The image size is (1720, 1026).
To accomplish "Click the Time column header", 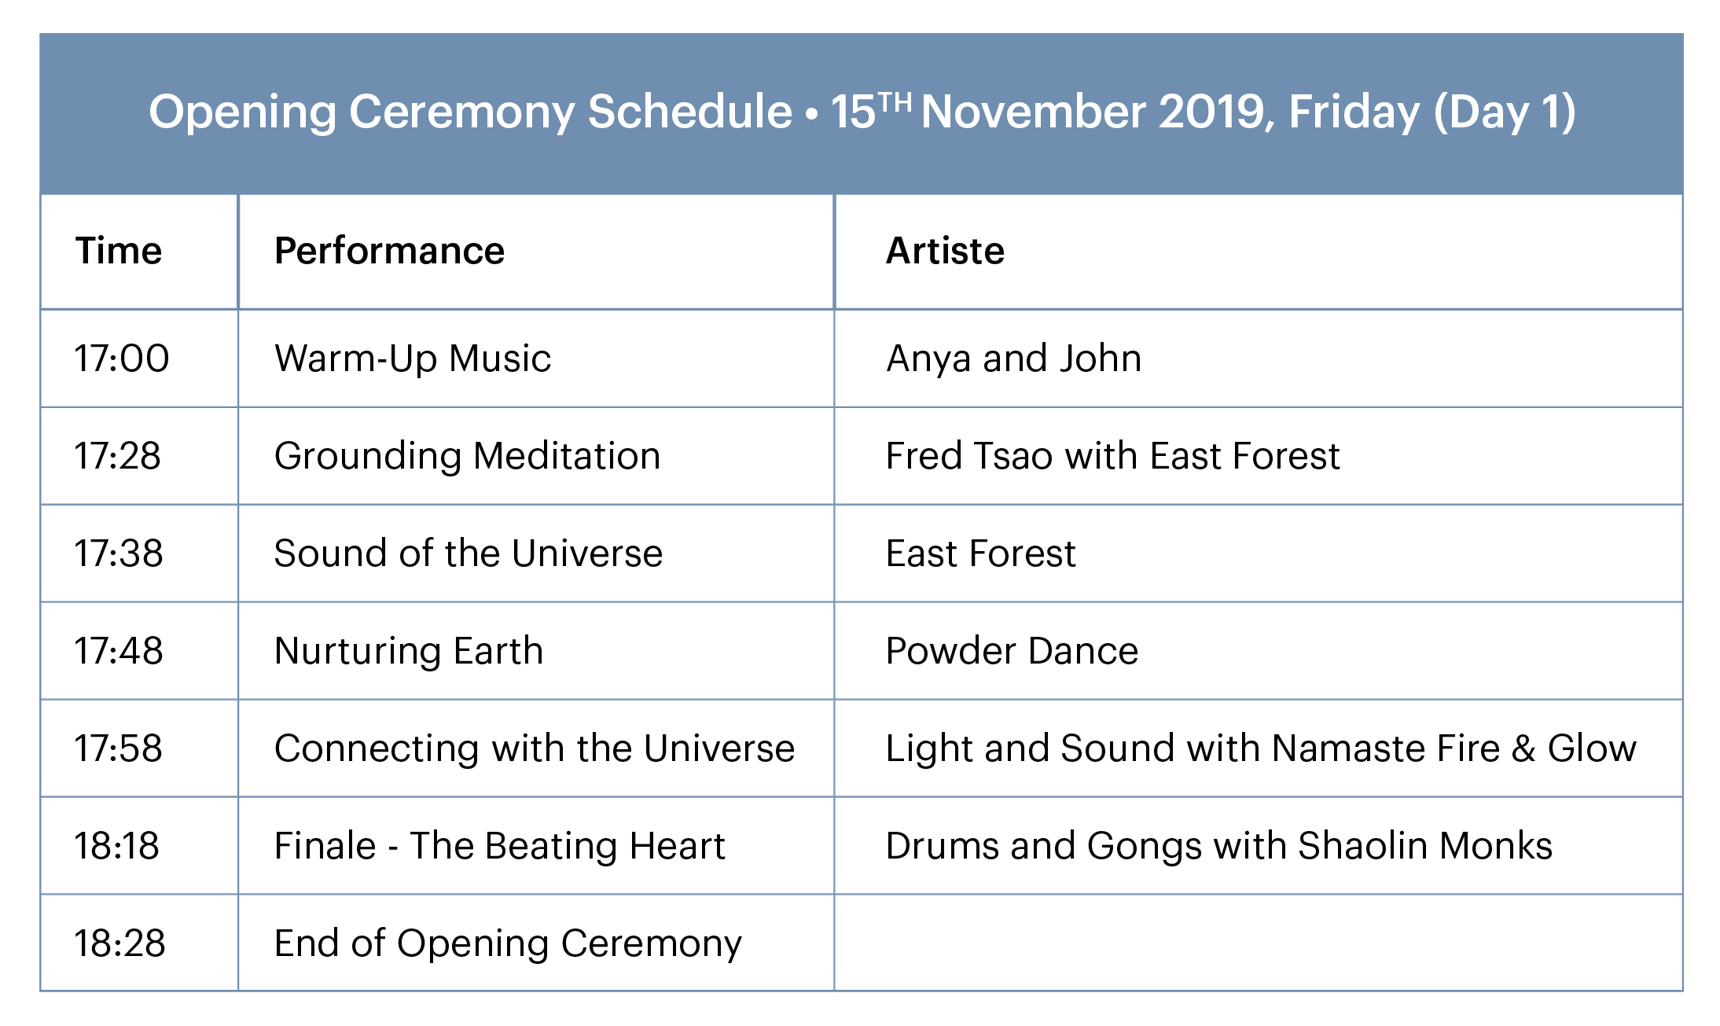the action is (119, 251).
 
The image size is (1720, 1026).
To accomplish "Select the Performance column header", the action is (389, 251).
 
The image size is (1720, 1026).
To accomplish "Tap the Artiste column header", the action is (945, 251).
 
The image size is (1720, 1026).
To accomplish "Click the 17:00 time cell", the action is (122, 359).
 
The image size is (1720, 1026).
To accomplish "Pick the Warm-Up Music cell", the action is (413, 359).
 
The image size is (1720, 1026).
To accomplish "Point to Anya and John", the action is (1013, 359).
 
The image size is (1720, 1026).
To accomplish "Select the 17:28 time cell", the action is (118, 456).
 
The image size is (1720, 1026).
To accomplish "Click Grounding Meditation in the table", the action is (467, 457).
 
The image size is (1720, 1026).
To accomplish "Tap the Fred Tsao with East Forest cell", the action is (1112, 456).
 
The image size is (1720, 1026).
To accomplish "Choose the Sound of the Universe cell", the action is (469, 553).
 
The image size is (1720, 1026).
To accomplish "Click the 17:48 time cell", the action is (119, 651).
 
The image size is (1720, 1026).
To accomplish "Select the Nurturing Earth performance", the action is (409, 652).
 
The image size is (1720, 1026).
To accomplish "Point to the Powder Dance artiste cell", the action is (1012, 651).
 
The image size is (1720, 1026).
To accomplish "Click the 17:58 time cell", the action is (119, 748).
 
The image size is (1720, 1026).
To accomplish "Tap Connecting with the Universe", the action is (535, 749).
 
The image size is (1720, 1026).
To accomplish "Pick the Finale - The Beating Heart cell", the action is (500, 846).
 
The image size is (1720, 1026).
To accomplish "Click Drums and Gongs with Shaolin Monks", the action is (1219, 847).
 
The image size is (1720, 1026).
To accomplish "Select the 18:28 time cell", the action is (120, 943).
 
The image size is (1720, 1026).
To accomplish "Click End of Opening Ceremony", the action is (508, 944).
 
